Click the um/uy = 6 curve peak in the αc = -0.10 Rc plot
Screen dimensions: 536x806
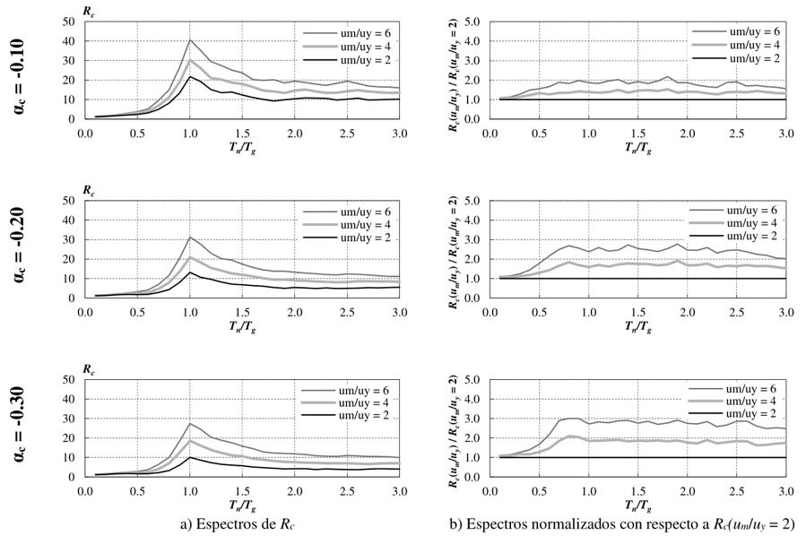(189, 40)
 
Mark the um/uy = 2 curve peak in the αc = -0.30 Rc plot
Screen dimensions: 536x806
(189, 457)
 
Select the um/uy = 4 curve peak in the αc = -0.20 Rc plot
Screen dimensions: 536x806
(189, 257)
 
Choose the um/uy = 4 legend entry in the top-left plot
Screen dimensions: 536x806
(338, 45)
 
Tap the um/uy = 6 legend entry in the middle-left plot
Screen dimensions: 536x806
(338, 210)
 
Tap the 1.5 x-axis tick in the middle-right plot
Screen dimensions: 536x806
(637, 312)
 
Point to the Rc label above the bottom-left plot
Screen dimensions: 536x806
(89, 368)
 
